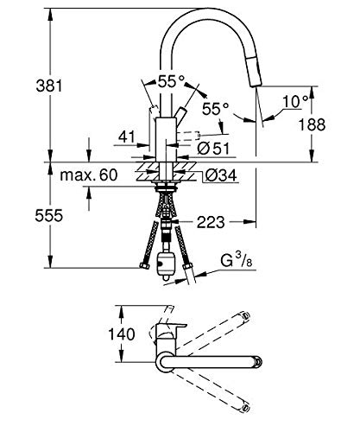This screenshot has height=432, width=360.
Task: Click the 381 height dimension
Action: click(49, 86)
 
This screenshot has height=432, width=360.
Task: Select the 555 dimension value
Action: click(48, 215)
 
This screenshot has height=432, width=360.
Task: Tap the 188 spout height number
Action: click(312, 124)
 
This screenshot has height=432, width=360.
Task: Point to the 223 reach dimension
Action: click(211, 222)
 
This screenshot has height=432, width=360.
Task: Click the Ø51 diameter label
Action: click(213, 149)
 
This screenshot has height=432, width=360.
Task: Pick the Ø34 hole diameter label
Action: click(221, 175)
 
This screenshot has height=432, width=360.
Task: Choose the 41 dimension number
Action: click(127, 137)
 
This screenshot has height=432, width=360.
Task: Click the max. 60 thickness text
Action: click(89, 175)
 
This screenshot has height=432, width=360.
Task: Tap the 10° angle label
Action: click(295, 101)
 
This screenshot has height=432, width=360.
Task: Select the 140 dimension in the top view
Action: click(121, 334)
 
